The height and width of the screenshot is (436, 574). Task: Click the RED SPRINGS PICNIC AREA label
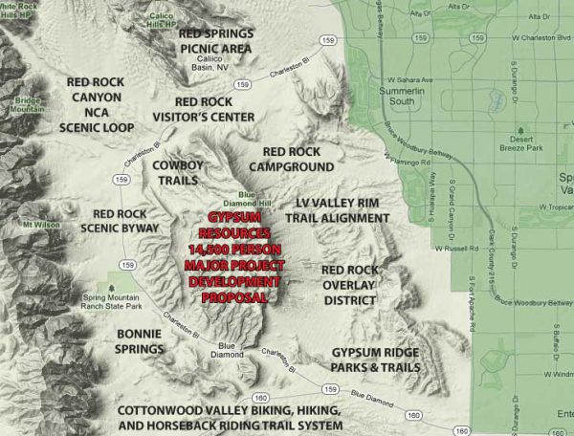[x=216, y=40]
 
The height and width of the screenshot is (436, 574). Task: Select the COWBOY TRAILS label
[x=178, y=172]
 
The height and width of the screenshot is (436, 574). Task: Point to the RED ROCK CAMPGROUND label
[x=303, y=159]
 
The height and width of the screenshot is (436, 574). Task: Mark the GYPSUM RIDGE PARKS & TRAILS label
[x=375, y=360]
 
